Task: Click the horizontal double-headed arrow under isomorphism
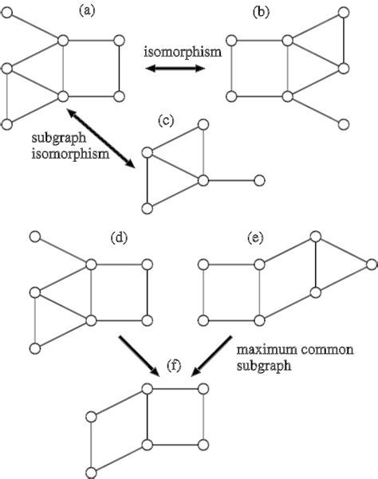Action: tap(174, 70)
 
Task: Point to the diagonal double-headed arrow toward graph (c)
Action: tap(99, 140)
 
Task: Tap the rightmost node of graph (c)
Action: tap(258, 181)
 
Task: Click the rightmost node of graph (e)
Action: tap(372, 264)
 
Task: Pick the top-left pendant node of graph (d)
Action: tap(35, 237)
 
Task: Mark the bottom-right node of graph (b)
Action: tap(344, 124)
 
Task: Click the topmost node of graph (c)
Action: tap(203, 125)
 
